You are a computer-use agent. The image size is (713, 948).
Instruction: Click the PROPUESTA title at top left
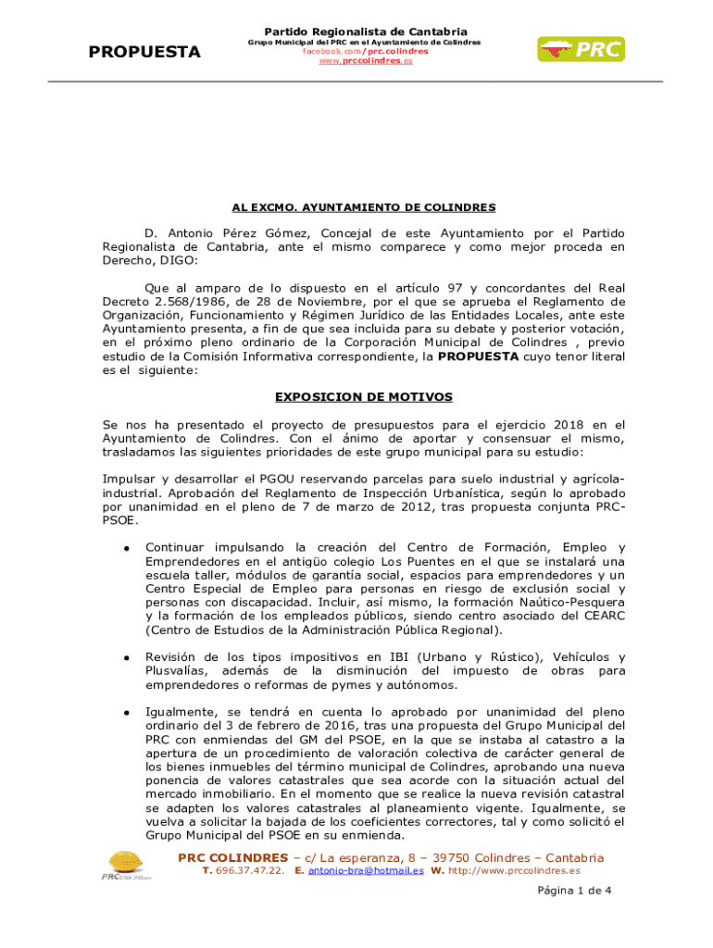point(144,52)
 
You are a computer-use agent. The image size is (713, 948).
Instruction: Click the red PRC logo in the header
point(581,50)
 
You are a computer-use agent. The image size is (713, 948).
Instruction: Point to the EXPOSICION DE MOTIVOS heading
point(363,397)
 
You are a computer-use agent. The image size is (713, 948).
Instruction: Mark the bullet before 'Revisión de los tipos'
point(125,658)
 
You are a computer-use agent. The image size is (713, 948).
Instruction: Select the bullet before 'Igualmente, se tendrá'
point(125,714)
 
